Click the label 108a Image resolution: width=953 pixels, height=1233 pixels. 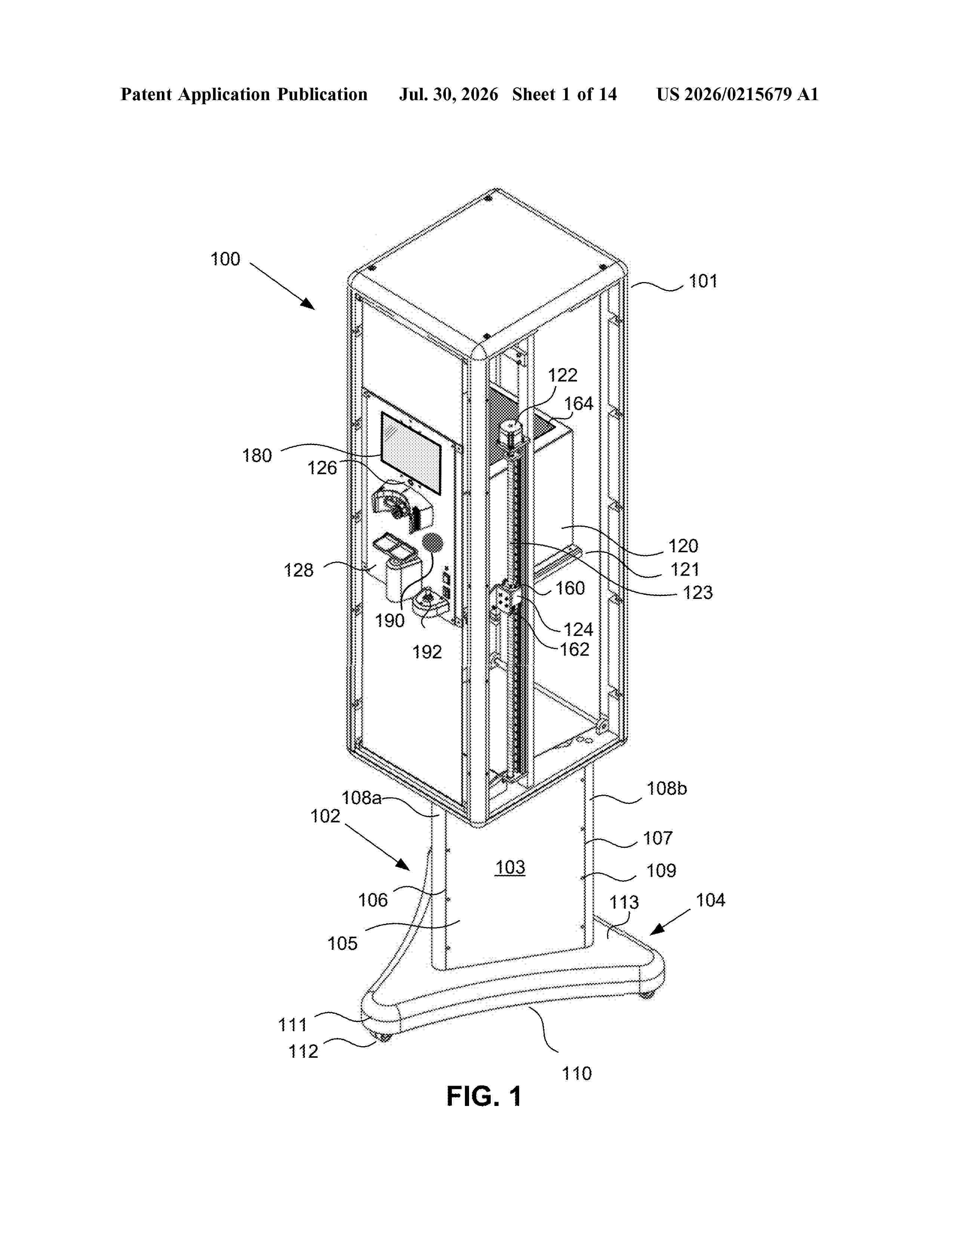point(361,798)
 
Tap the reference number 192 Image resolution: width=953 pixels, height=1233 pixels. point(427,652)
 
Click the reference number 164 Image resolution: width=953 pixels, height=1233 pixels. point(579,404)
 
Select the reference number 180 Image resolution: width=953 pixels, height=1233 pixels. point(257,455)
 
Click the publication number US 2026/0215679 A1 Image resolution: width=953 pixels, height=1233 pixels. point(737,94)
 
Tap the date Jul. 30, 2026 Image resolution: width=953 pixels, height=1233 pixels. point(449,94)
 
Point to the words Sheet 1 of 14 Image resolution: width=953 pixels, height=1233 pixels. point(565,94)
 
